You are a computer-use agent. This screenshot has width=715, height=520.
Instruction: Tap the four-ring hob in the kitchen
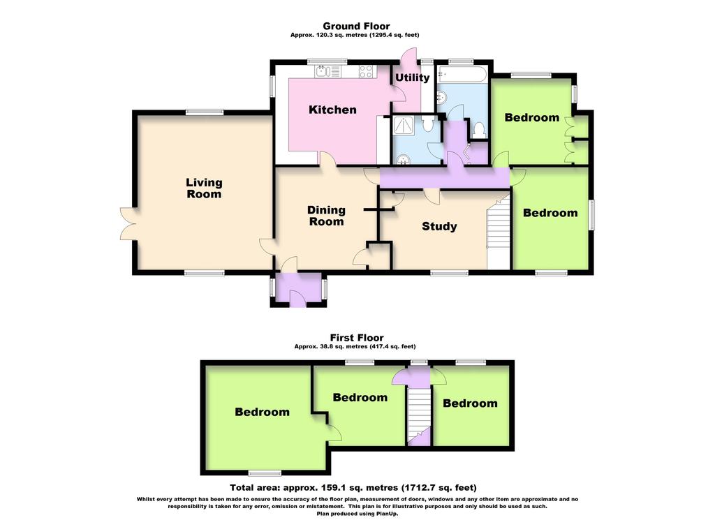point(366,71)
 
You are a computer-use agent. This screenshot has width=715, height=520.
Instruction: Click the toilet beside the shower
point(428,123)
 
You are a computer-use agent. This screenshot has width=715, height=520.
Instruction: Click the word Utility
point(412,77)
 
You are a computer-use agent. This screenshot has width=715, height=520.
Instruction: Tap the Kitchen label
point(332,110)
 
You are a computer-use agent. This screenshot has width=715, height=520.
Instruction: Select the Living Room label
point(204,188)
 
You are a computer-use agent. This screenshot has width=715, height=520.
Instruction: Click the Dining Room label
point(326,216)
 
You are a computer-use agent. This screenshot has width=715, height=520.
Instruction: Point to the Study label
point(439,227)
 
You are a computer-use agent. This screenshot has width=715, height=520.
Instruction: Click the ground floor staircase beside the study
point(499,232)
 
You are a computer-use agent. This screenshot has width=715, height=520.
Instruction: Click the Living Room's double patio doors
point(128,224)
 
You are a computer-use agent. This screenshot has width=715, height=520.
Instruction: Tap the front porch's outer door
point(297,299)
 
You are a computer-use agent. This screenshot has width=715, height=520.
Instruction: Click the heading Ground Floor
point(356,26)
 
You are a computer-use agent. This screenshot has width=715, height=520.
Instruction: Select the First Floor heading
point(357,338)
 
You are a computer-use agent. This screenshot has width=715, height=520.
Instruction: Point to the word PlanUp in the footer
point(385,513)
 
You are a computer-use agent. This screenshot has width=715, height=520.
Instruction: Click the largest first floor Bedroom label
point(263,412)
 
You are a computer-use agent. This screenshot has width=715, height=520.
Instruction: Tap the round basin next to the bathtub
point(441,97)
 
